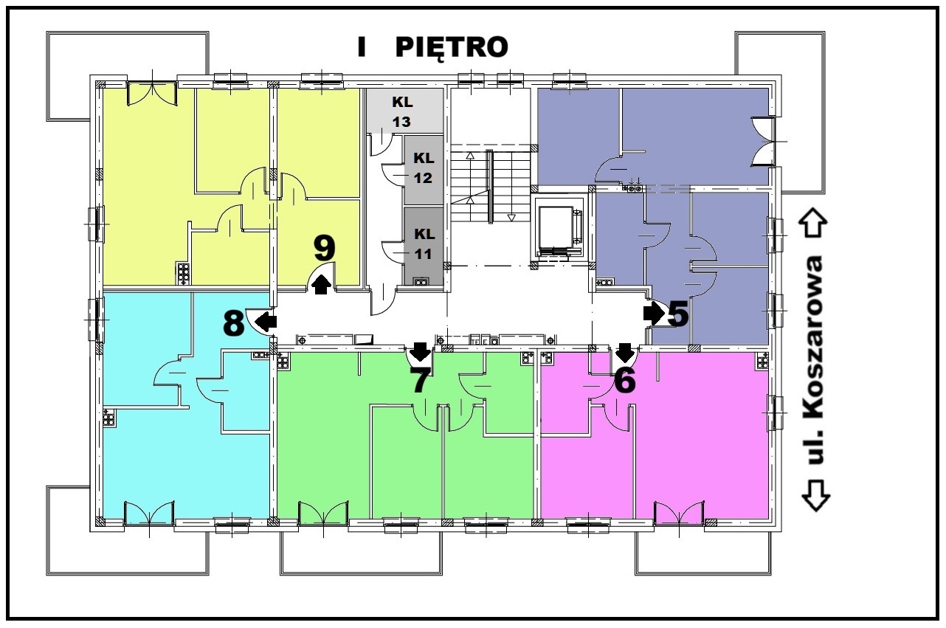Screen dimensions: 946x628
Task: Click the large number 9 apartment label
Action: point(325,249)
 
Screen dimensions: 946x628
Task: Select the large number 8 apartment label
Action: point(233,322)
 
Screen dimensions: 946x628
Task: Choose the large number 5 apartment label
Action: point(679,314)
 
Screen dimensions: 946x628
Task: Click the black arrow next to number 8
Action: point(266,322)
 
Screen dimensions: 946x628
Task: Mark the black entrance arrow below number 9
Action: point(322,284)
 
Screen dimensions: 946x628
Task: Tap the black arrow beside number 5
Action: point(654,314)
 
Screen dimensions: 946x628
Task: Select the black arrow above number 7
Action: point(421,351)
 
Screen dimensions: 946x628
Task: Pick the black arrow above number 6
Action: point(625,352)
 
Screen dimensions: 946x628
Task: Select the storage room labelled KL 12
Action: point(424,170)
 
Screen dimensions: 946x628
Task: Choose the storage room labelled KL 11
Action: point(424,246)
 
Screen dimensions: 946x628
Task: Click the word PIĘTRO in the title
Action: point(452,47)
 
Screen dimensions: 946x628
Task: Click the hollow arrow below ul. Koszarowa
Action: point(816,495)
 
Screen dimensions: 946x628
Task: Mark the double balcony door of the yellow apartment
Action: point(151,93)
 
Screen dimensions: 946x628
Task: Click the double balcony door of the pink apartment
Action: point(679,513)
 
